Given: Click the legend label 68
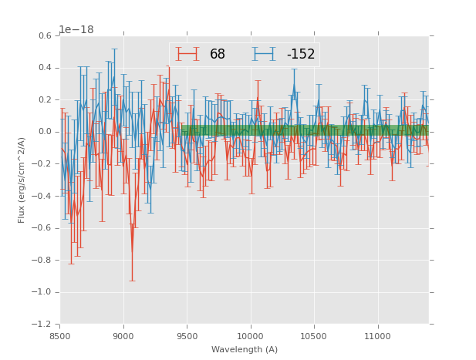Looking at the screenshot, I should coord(218,54).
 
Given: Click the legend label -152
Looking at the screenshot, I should coord(301,54).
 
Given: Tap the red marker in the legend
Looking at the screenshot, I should coord(187,54).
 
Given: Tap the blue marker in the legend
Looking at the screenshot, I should coord(264,54).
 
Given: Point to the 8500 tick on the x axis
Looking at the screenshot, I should coord(60,336).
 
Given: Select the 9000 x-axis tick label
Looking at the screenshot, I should coord(123,336).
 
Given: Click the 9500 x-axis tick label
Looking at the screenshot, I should coord(187,336).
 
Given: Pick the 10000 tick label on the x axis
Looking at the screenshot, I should coord(251,336).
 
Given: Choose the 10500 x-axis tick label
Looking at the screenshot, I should coord(314,336).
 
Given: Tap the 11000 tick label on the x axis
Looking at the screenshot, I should coord(377,336).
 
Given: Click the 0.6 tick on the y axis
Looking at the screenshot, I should coord(46,35).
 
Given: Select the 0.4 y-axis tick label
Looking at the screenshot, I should coord(46,68).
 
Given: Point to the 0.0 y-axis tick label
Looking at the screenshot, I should coord(46,132).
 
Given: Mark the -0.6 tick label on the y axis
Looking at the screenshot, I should coord(43,228).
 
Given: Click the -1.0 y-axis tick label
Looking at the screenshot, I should coord(43,292).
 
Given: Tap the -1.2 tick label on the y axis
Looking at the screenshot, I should coord(43,325).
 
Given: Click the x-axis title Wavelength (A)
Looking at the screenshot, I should coord(245,349).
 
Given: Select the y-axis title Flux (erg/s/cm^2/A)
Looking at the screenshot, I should coord(22,180).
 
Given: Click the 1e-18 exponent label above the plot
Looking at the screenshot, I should coord(76,29).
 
